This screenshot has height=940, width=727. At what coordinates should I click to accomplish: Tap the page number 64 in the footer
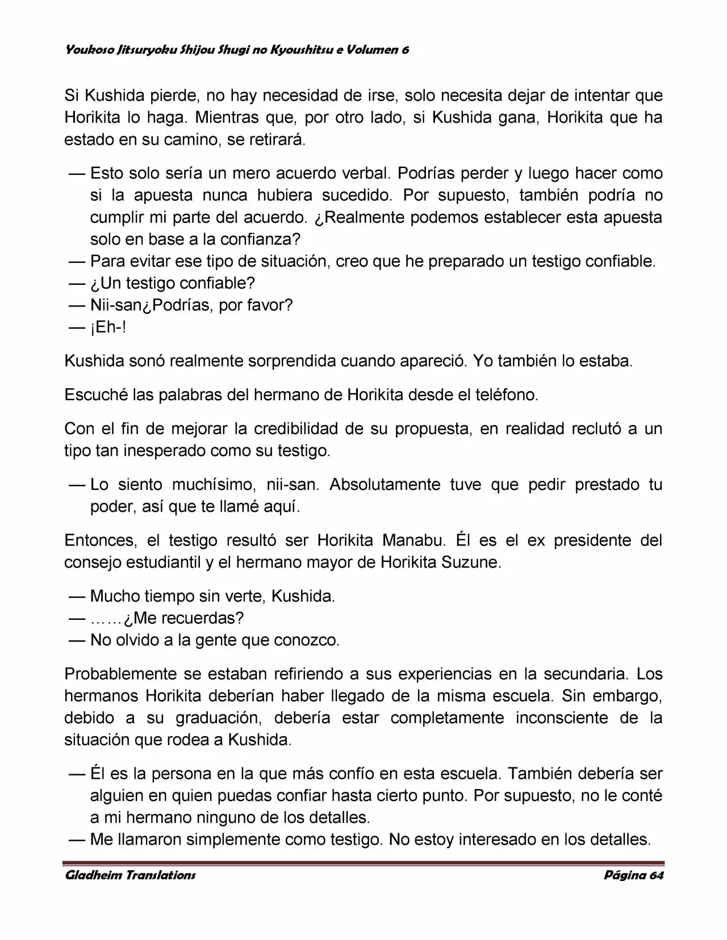pyautogui.click(x=655, y=875)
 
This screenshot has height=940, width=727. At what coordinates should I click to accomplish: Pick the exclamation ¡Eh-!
pyautogui.click(x=108, y=328)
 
